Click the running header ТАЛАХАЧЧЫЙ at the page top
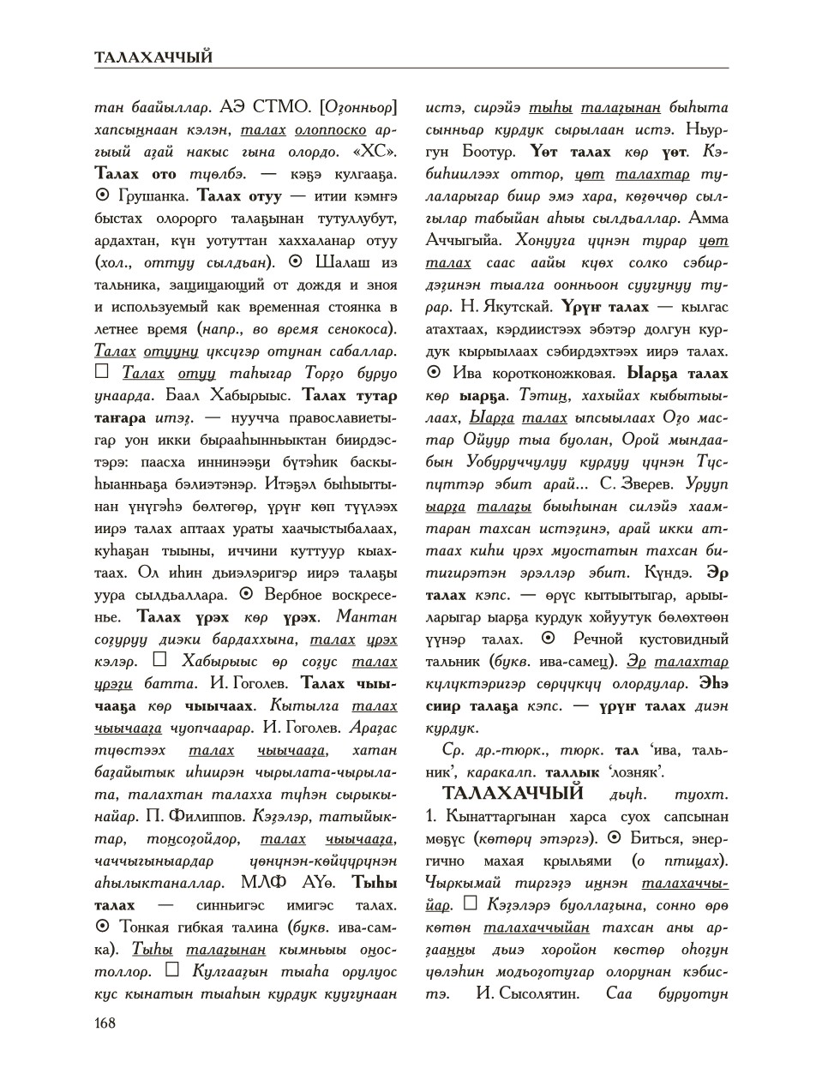click(x=153, y=57)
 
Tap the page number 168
click(x=105, y=1022)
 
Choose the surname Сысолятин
click(x=537, y=994)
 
